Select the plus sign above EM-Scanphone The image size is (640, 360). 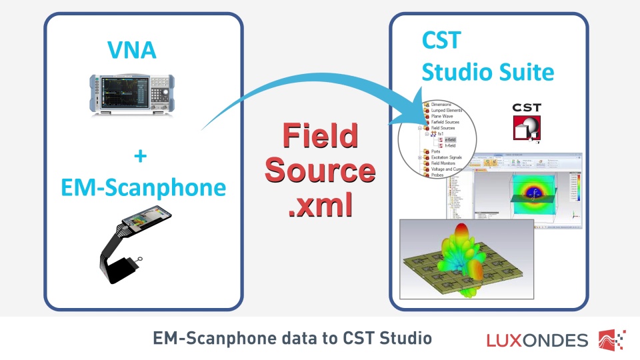[139, 157]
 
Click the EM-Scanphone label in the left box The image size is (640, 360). [143, 187]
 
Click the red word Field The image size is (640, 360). [319, 136]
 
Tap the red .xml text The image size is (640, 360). [319, 206]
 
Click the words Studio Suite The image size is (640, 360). [488, 71]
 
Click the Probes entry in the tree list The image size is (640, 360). [439, 175]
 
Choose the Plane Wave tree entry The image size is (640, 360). [443, 116]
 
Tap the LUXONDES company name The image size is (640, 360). [537, 341]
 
